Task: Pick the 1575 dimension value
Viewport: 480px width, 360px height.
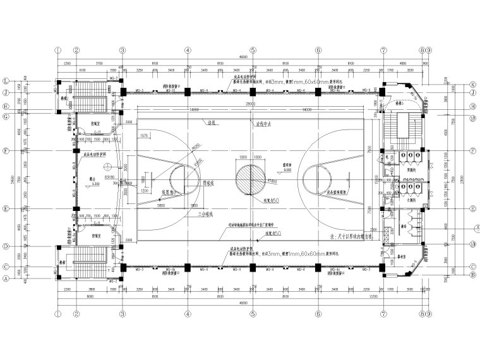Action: click(143, 136)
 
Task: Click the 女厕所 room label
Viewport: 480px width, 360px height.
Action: click(411, 199)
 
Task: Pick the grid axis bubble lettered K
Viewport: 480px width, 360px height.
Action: click(472, 84)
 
